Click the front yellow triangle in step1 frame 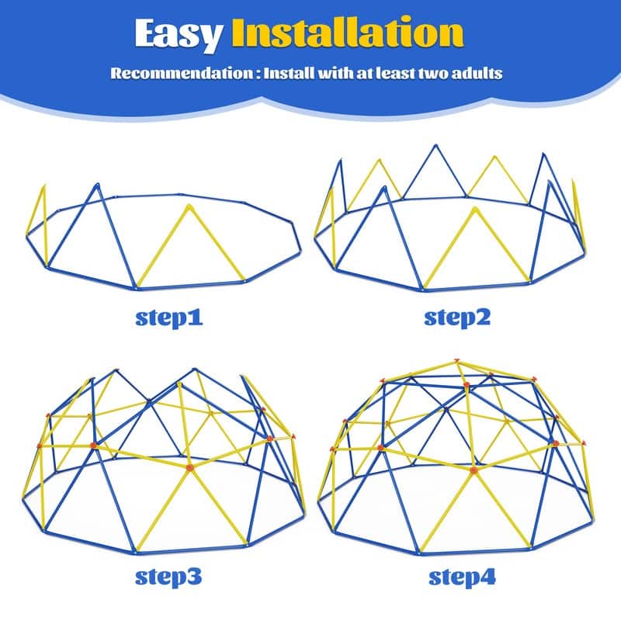189,248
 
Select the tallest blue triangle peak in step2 432,147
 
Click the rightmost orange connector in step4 581,443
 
